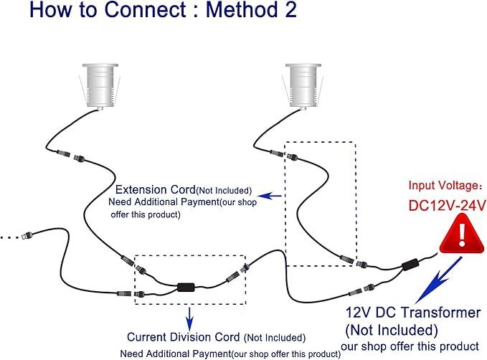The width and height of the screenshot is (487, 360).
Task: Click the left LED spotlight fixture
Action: tap(100, 86)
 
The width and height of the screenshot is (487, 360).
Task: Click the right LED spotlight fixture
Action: tap(303, 86)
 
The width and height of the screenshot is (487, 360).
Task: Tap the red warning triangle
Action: tap(462, 233)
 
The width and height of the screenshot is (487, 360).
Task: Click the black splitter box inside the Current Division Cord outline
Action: tap(186, 288)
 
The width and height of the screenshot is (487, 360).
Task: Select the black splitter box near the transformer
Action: tap(410, 265)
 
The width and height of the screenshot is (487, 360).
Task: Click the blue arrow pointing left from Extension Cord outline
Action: tap(270, 196)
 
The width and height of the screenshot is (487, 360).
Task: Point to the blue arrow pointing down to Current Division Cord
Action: tap(190, 319)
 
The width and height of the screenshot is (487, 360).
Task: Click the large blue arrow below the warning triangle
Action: tap(438, 280)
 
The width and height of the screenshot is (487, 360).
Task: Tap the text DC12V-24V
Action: tap(447, 205)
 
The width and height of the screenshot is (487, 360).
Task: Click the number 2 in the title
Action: tap(290, 9)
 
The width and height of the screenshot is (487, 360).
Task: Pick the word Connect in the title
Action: tap(145, 9)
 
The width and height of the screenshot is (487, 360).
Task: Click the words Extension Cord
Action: tap(156, 189)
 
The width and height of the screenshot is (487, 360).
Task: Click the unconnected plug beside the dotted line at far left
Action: tap(27, 235)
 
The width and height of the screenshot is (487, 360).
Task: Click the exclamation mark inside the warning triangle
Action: tap(462, 235)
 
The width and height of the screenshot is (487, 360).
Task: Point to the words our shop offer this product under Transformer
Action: tap(410, 346)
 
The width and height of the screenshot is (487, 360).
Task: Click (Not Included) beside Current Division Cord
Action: tap(275, 338)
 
